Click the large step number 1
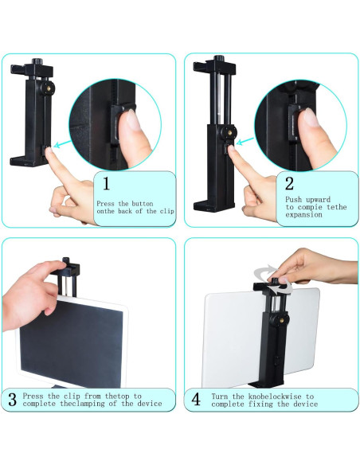[x=106, y=185]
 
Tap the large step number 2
[x=289, y=185]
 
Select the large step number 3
[x=13, y=399]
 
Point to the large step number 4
[x=196, y=399]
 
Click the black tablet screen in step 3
[x=64, y=346]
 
